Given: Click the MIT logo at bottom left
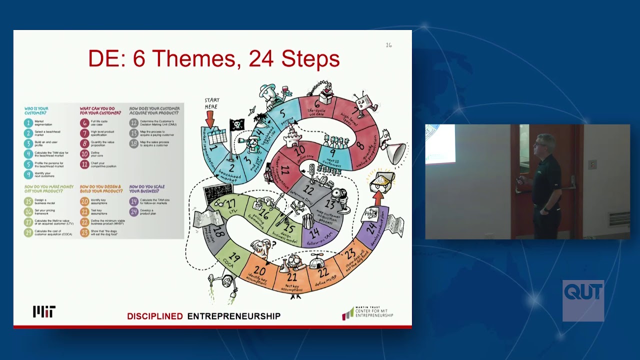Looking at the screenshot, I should (44, 311).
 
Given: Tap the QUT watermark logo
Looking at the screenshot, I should (583, 300).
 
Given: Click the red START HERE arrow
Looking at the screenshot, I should (210, 118).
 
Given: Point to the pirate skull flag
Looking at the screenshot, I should (236, 125).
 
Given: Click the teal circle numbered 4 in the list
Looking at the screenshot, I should (29, 154).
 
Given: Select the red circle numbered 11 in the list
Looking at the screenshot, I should (84, 164).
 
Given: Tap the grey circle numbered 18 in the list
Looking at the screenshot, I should (133, 143).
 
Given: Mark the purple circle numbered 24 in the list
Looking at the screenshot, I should (133, 212).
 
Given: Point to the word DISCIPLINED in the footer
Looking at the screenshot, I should (155, 316).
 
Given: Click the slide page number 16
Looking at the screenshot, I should (388, 45).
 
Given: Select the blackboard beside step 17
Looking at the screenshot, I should (213, 195).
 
